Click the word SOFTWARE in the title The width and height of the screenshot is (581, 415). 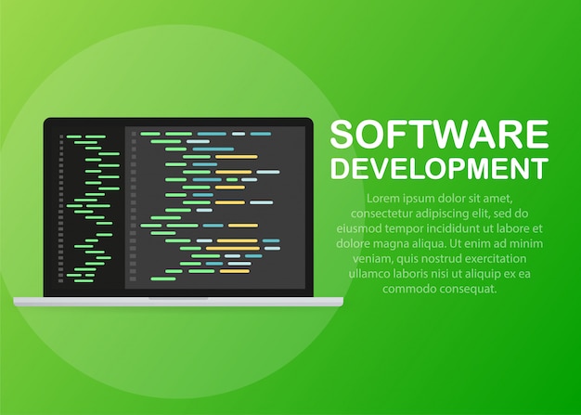click(439, 136)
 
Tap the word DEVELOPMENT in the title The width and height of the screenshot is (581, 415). click(439, 168)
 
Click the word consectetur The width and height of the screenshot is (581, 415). click(380, 214)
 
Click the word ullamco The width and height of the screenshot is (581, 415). click(370, 274)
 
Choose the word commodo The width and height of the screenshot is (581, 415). click(399, 289)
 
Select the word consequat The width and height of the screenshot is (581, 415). click(464, 289)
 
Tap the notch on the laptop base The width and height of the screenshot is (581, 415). click(177, 299)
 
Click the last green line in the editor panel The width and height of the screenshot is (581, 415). click(164, 278)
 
